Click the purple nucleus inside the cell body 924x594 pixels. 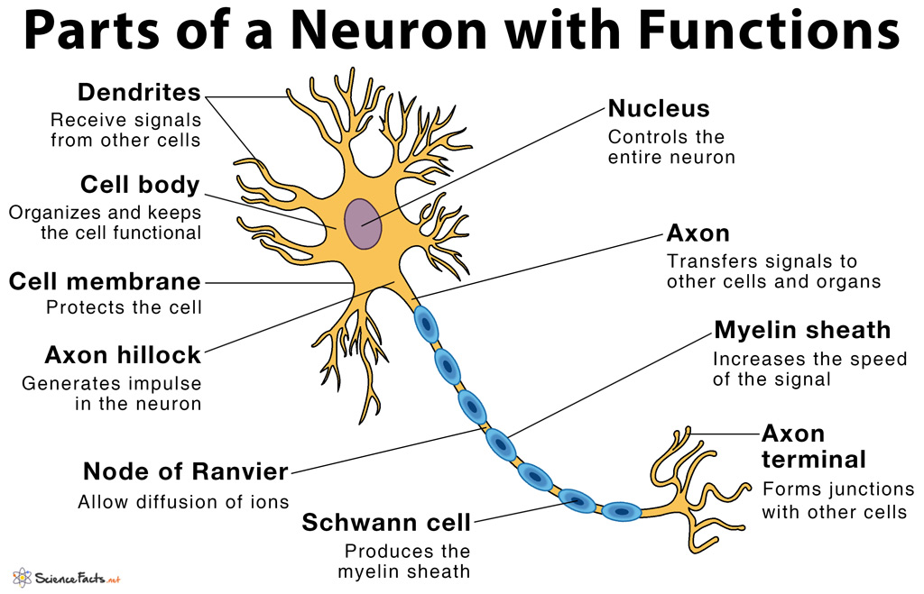coord(363,224)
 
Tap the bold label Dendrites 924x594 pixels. coord(139,92)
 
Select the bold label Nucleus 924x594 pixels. coord(659,109)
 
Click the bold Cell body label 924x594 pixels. coord(140,185)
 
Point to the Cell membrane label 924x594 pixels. coord(105,281)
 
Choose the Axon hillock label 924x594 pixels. coord(123,354)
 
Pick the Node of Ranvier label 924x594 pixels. coord(186,471)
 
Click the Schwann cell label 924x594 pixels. coord(386,522)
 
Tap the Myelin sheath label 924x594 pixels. coord(802,330)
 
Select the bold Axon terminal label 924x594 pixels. coord(813,446)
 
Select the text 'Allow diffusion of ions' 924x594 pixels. coord(183,502)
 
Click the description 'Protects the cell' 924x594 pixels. coord(124,307)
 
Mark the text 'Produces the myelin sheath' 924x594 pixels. coord(404,560)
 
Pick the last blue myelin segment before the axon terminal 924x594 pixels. coord(622,511)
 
